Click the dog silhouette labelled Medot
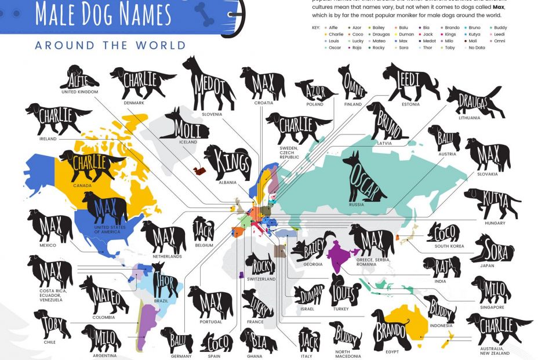pyautogui.click(x=209, y=85)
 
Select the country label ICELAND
pyautogui.click(x=187, y=141)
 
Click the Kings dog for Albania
pyautogui.click(x=228, y=161)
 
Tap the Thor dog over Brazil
pyautogui.click(x=165, y=282)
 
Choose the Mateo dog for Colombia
pyautogui.click(x=104, y=296)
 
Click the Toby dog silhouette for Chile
pyautogui.click(x=52, y=323)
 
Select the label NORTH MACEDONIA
pyautogui.click(x=348, y=353)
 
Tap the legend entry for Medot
pyautogui.click(x=429, y=42)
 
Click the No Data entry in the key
pyautogui.click(x=476, y=48)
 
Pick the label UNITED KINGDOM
pyautogui.click(x=79, y=92)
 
